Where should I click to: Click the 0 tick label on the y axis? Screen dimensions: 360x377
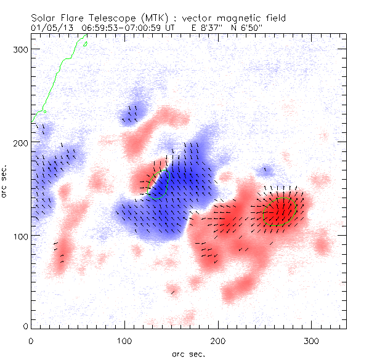click(x=25, y=326)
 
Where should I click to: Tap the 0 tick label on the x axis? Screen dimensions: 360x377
click(x=31, y=340)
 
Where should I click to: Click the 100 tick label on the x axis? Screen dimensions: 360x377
click(x=124, y=340)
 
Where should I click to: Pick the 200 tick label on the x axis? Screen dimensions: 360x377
click(x=218, y=340)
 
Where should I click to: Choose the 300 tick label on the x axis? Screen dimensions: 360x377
click(x=312, y=340)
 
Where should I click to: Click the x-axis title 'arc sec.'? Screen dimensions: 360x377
click(x=188, y=354)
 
